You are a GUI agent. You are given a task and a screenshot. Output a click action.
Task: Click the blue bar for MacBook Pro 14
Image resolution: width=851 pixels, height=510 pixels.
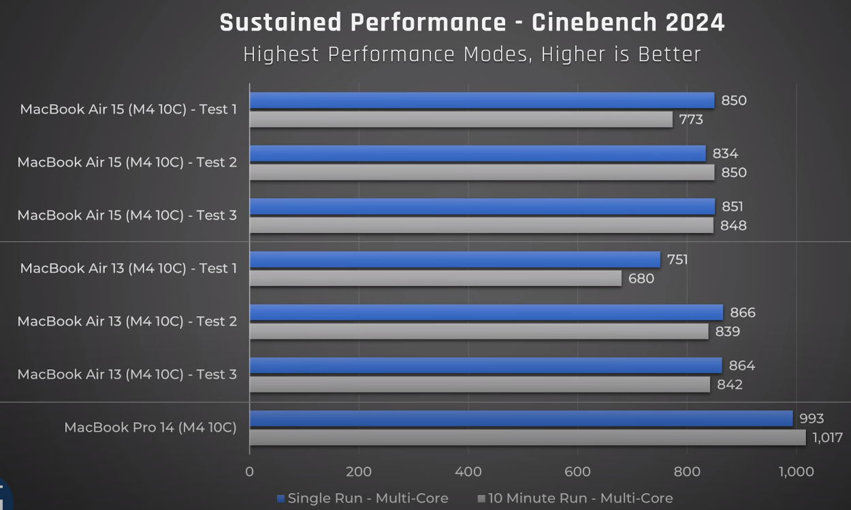521,418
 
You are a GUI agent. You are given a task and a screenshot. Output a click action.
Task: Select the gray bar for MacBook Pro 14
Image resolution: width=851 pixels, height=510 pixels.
528,437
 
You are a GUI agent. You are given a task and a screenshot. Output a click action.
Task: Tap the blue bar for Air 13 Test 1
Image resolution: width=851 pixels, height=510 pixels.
455,260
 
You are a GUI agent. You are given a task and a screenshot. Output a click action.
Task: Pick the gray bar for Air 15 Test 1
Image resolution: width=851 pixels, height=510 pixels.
461,120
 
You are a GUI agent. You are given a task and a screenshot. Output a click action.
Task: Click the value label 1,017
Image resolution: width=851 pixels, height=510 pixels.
827,438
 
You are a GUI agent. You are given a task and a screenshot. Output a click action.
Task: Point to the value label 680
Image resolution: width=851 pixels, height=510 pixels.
641,279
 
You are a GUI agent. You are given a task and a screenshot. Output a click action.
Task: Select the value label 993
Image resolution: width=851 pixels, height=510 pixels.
812,419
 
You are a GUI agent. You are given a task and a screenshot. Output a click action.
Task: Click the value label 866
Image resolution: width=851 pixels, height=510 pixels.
742,313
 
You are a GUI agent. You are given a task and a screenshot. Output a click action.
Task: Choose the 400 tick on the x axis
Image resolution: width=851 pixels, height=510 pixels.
468,472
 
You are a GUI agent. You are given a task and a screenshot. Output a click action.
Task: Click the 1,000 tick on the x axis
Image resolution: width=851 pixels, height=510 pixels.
796,472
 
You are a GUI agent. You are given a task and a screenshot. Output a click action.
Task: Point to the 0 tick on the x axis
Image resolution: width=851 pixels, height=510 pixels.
250,472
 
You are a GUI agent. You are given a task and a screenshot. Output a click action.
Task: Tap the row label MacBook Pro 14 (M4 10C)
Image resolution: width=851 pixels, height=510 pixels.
150,428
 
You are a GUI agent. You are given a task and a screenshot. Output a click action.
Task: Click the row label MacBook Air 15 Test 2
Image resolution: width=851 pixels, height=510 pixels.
127,163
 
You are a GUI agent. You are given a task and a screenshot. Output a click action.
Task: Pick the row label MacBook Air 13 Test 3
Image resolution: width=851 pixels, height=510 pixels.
127,375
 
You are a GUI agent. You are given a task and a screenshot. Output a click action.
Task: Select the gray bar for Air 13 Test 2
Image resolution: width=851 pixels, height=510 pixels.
479,331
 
